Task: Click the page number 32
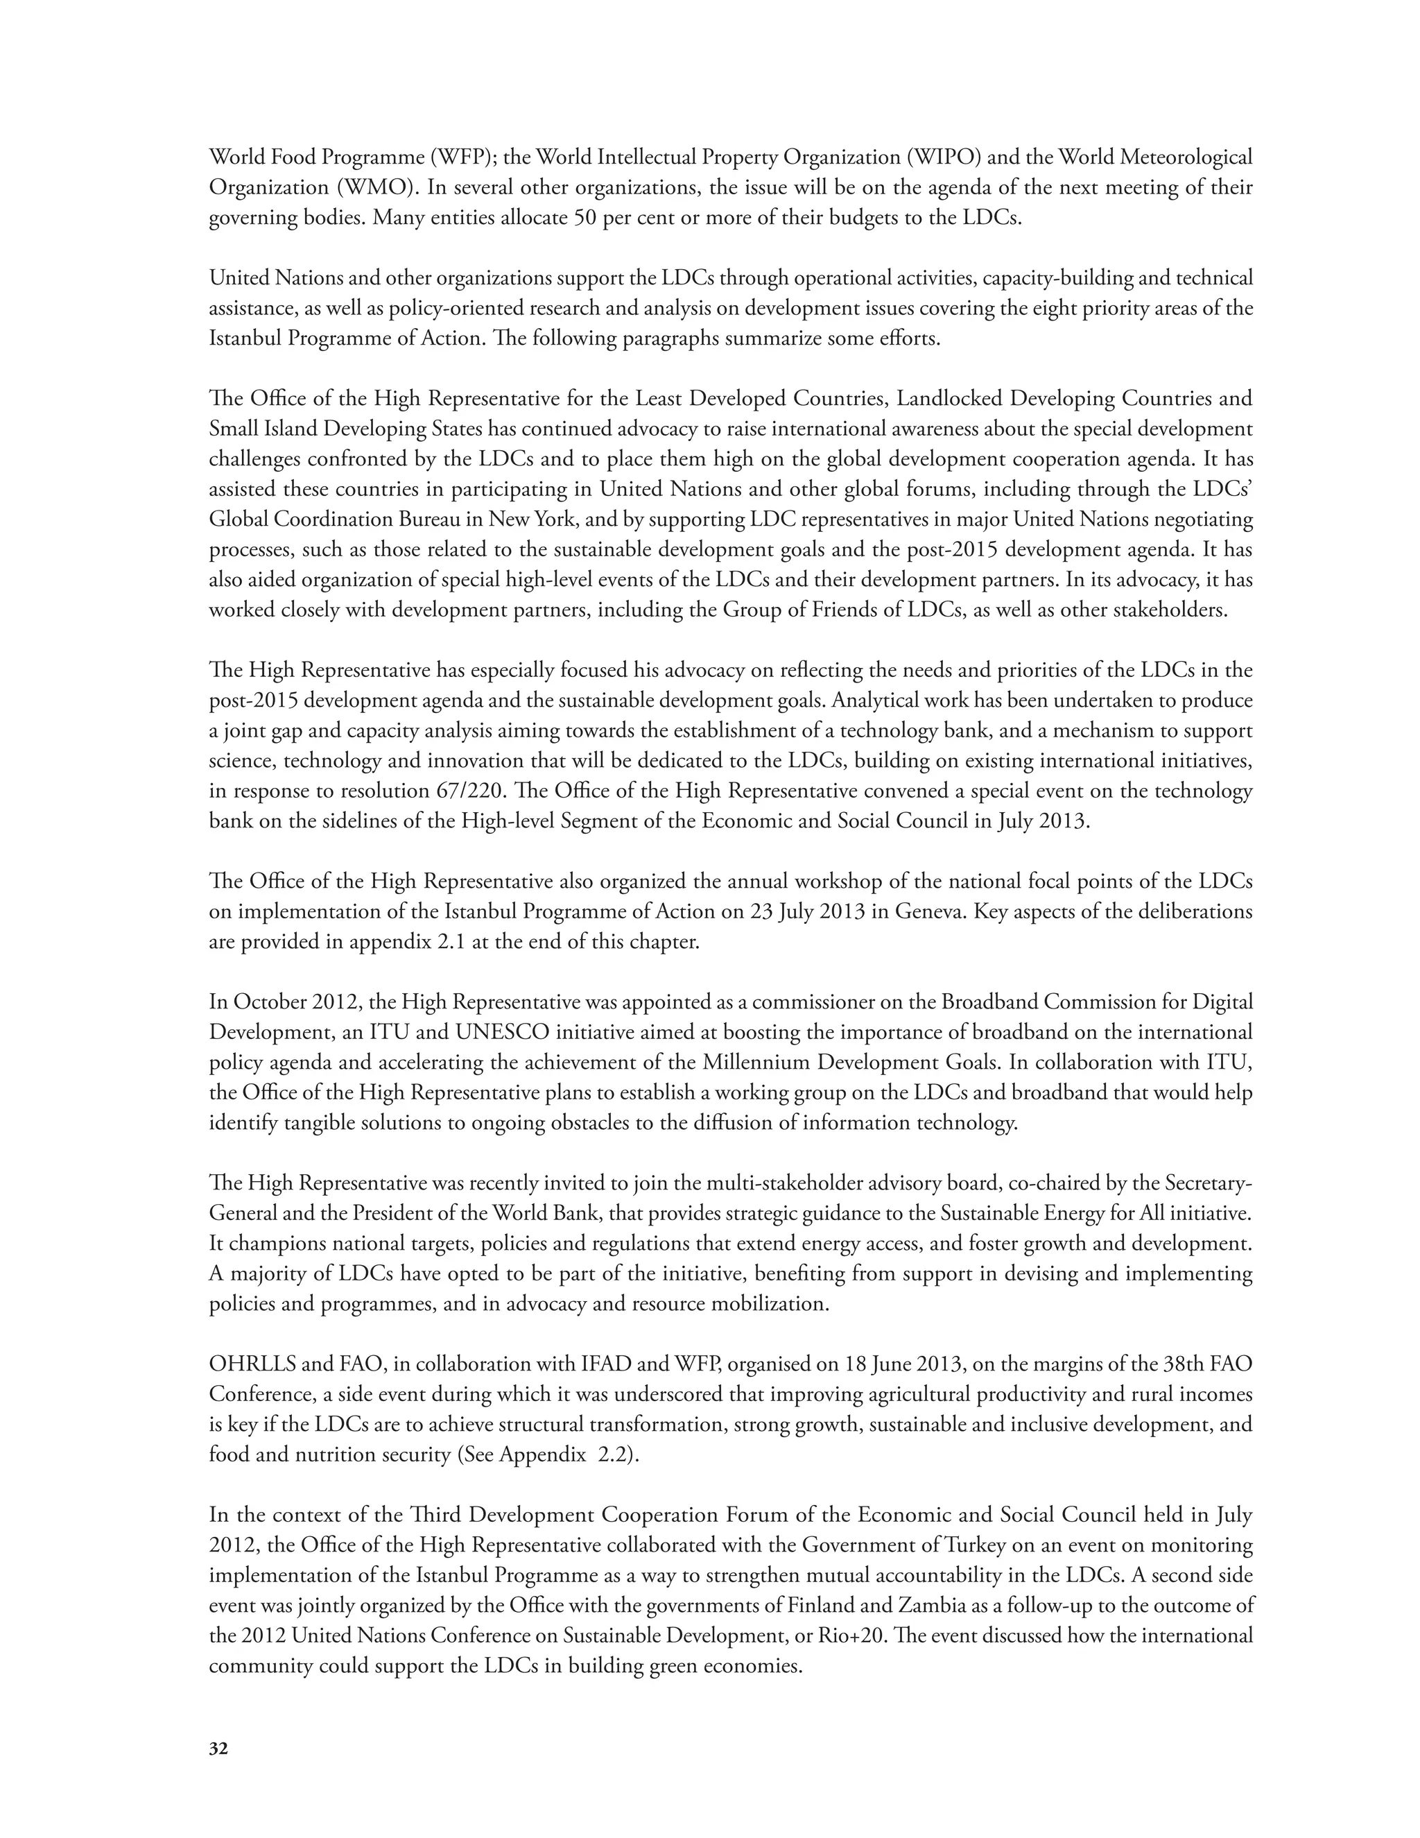tap(218, 1748)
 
